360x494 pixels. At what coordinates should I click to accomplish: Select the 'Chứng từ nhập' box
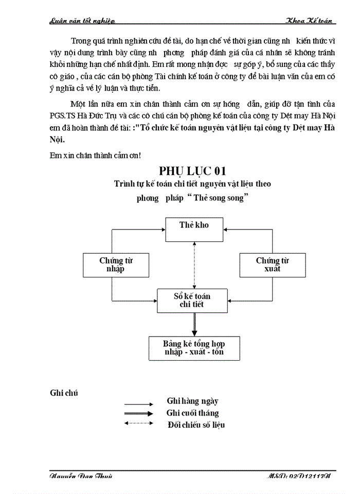click(x=116, y=264)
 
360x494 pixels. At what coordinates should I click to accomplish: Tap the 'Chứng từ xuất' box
click(x=272, y=264)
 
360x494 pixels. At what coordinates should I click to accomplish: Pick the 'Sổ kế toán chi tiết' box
click(x=191, y=300)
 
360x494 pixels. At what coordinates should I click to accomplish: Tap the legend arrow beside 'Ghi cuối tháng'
click(x=138, y=413)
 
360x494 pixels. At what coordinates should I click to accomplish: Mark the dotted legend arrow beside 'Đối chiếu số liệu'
click(x=138, y=424)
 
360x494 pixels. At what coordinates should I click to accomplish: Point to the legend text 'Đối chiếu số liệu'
click(x=196, y=425)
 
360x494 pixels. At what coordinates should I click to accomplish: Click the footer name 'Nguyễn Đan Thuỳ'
click(x=81, y=476)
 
